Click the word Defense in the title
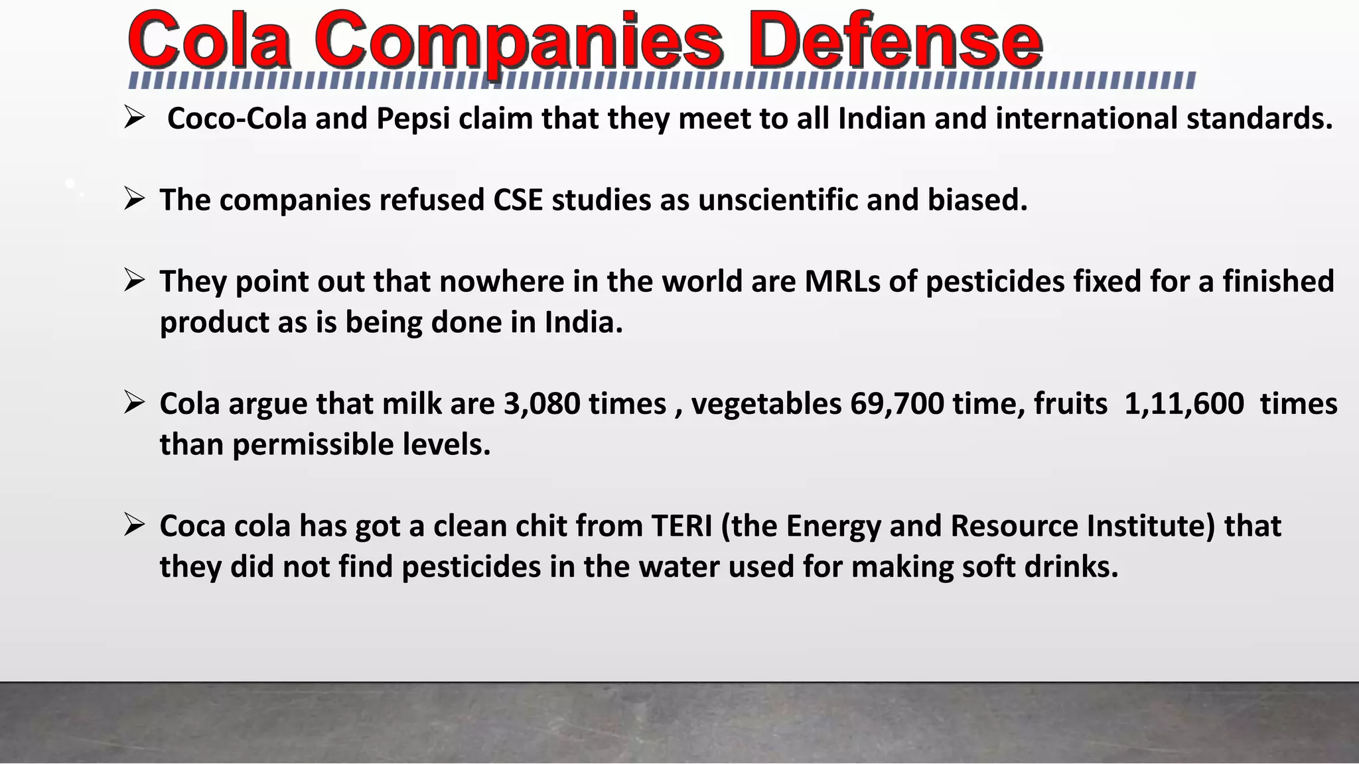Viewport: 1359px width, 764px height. (x=897, y=41)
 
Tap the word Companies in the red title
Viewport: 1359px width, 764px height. (x=518, y=41)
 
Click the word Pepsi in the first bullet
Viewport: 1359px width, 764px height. (x=413, y=119)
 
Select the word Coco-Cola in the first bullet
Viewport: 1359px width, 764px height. (x=237, y=119)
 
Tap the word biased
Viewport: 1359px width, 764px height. (x=977, y=200)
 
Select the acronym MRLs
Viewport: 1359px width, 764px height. (x=842, y=282)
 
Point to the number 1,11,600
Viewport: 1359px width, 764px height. (x=1184, y=404)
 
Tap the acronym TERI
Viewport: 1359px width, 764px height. (x=681, y=527)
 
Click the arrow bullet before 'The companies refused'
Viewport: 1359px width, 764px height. (x=134, y=199)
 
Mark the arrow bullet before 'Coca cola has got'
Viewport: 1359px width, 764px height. (x=134, y=525)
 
